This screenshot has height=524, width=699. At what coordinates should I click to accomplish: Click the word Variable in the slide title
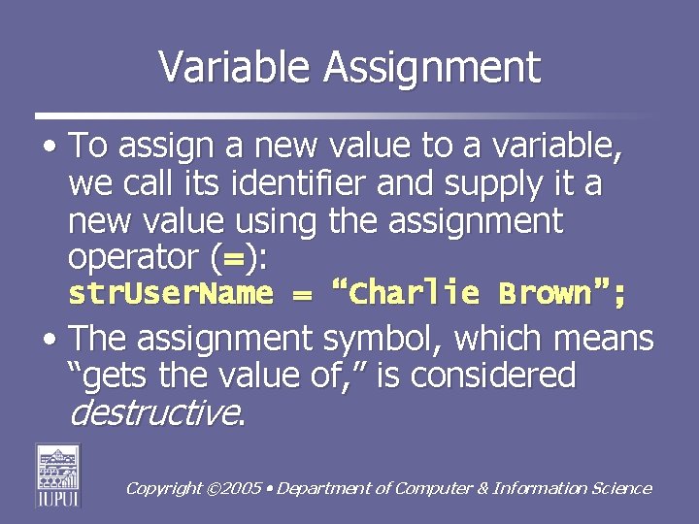(x=236, y=68)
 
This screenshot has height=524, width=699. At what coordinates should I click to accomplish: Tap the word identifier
(x=317, y=184)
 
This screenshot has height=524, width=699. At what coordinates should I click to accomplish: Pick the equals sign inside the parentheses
(x=232, y=259)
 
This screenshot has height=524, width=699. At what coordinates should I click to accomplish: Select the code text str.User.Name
(x=171, y=293)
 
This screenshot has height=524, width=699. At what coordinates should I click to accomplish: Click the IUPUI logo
(x=58, y=475)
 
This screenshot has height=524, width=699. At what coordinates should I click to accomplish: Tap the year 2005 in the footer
(x=241, y=489)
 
